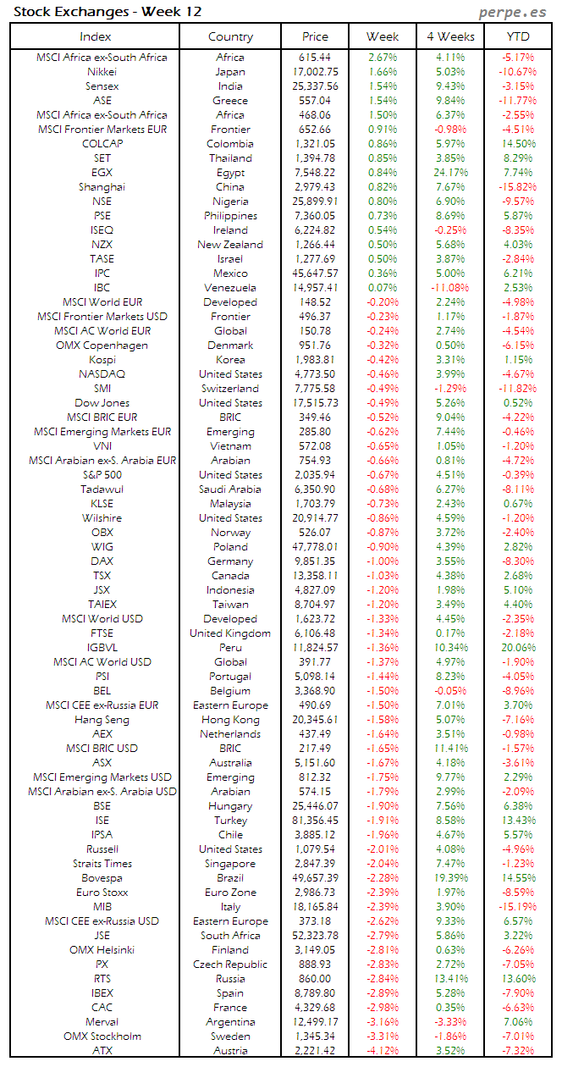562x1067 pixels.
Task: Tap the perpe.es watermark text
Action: pyautogui.click(x=513, y=12)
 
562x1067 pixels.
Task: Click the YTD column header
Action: pyautogui.click(x=518, y=36)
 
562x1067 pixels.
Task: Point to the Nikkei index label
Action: pyautogui.click(x=102, y=72)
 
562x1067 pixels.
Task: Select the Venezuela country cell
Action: pyautogui.click(x=230, y=288)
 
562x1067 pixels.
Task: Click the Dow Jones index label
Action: pyautogui.click(x=102, y=403)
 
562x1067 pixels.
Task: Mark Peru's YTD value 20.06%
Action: pyautogui.click(x=518, y=648)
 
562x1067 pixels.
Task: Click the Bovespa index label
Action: pyautogui.click(x=102, y=878)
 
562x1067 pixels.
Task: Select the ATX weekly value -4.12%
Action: pyautogui.click(x=383, y=1051)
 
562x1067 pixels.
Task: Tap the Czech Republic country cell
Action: pyautogui.click(x=230, y=965)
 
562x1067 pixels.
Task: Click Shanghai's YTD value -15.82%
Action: pyautogui.click(x=518, y=187)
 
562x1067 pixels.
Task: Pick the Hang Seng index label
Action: pyautogui.click(x=102, y=720)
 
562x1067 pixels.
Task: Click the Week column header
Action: pyautogui.click(x=383, y=36)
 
